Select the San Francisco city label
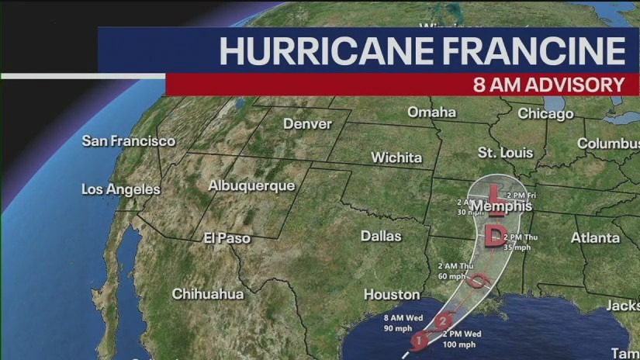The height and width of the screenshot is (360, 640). point(129,140)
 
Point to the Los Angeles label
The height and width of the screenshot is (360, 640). point(121,189)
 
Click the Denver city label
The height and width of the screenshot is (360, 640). point(307,124)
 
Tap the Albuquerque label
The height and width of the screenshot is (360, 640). point(251,185)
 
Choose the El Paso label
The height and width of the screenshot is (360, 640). point(227,238)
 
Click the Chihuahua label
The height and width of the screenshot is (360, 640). point(207,294)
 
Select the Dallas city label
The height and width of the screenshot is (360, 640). point(381,235)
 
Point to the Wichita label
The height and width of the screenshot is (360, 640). point(396,157)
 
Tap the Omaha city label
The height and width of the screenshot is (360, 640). point(432,112)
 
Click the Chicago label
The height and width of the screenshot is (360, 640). point(545,114)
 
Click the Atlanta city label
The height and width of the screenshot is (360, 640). point(595,237)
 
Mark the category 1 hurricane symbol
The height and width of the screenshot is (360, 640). point(418,339)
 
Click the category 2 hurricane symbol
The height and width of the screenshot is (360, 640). point(444,321)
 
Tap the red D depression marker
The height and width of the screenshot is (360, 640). point(494,235)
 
